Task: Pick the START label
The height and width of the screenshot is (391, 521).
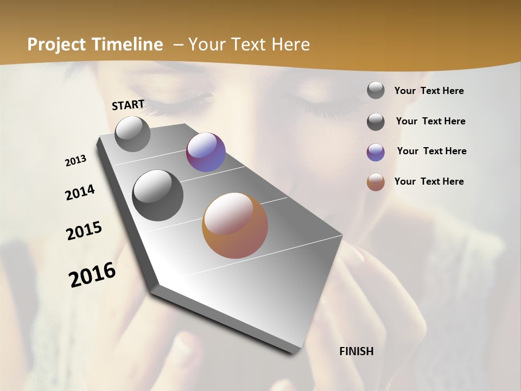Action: coord(128,104)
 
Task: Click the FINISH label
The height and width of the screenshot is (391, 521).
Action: coord(357,351)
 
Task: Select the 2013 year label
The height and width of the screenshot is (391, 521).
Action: coord(76,161)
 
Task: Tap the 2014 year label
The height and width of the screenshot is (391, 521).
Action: coord(80,193)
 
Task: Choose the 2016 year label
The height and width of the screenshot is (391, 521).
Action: coord(92,275)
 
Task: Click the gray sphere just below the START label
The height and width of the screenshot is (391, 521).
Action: coord(132,134)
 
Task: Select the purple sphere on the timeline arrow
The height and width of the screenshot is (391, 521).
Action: coord(206,152)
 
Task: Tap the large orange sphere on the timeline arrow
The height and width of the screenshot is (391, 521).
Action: coord(235,225)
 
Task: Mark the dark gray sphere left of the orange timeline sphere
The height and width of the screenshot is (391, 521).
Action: coord(158,195)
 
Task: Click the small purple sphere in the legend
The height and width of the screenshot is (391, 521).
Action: coord(376,153)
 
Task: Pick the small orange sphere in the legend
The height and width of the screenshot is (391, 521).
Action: coord(376,182)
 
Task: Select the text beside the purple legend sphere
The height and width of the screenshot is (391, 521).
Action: coord(431,151)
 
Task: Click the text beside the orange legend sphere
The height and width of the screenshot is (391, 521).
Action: coord(429,181)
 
